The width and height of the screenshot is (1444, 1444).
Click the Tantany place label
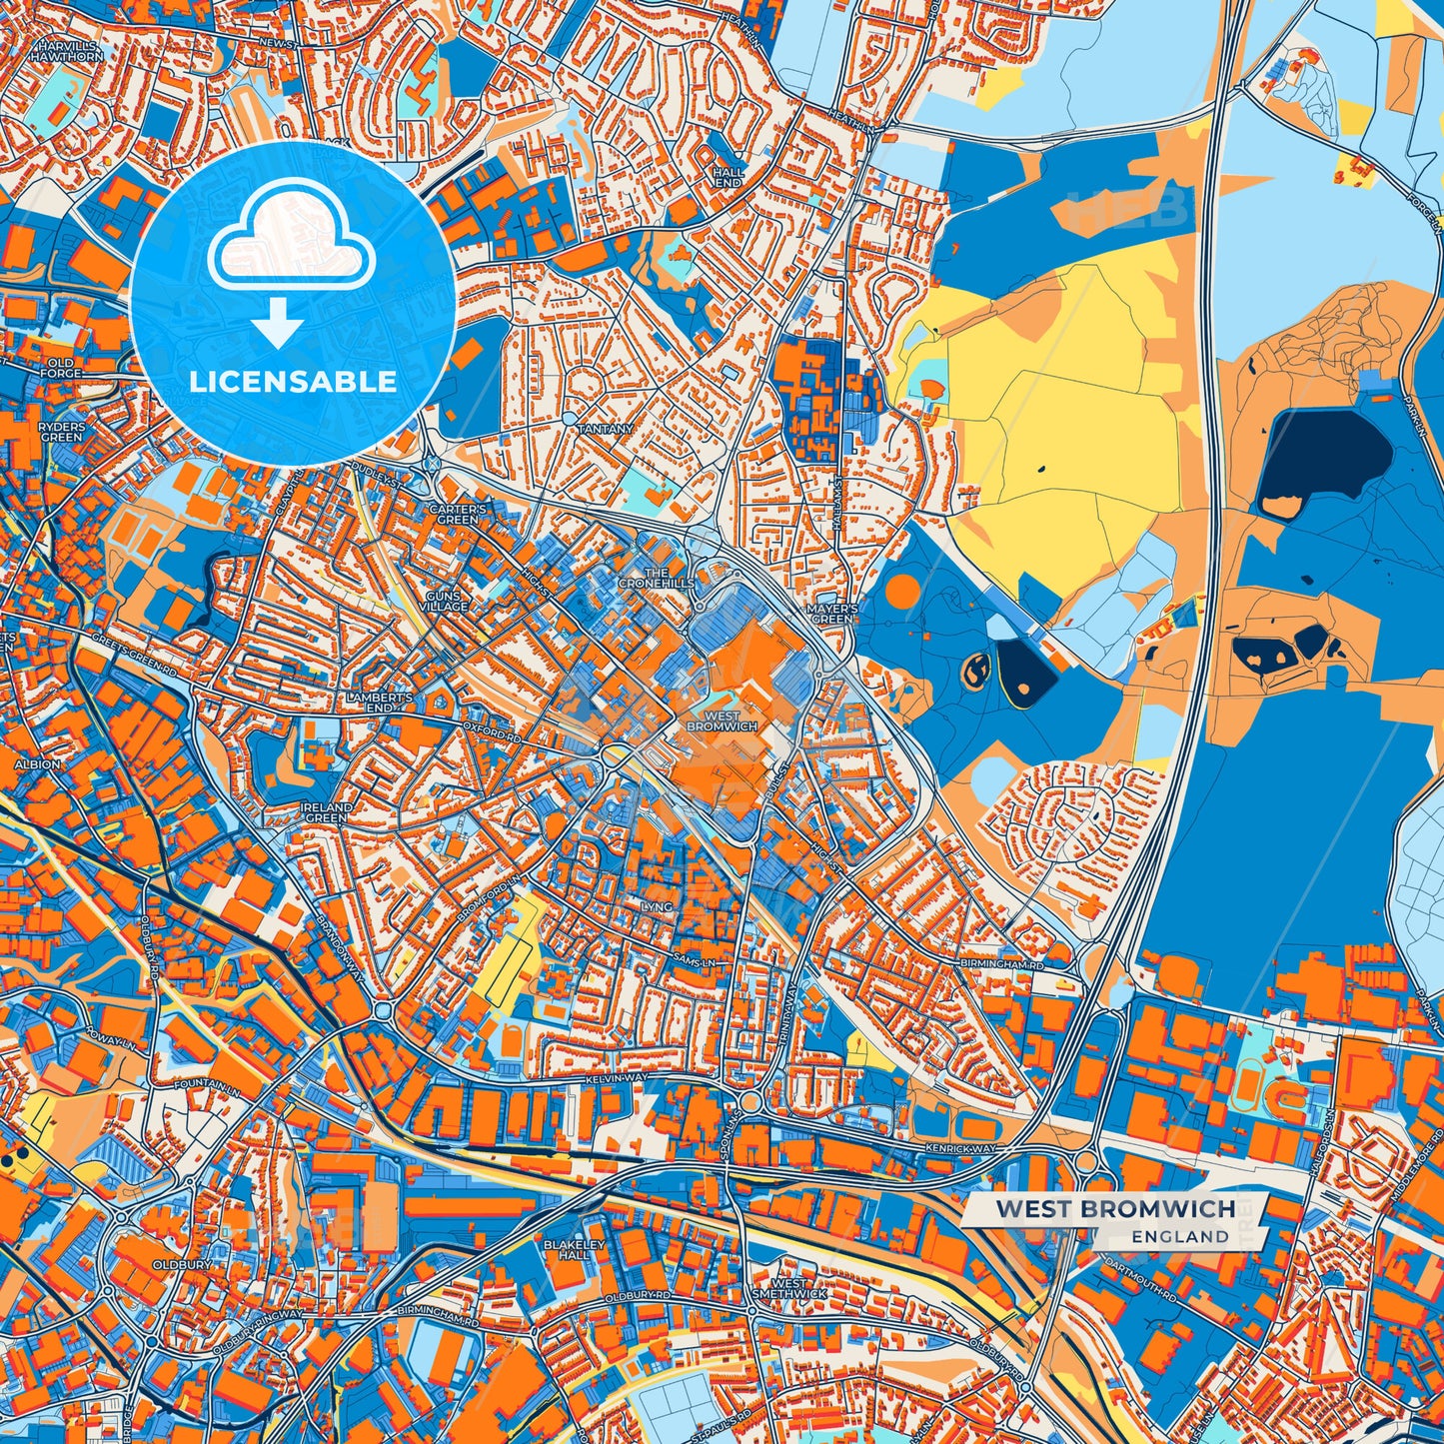point(606,429)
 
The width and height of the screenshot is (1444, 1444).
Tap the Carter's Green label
point(458,515)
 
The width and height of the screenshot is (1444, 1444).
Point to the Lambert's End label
point(369,702)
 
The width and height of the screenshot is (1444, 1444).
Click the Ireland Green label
point(327,812)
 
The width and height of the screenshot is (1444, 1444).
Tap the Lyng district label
point(658,906)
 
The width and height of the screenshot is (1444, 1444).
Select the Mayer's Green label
point(832,614)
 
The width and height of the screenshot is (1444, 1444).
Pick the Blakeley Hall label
point(574,1249)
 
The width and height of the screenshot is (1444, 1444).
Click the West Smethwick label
point(789,1288)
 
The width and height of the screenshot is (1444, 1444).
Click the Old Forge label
point(61,368)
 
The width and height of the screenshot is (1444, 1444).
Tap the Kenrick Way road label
point(960,1149)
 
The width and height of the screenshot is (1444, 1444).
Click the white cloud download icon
point(290,240)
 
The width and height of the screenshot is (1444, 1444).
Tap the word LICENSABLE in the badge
point(293,382)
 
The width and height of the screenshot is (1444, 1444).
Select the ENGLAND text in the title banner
point(1180,1236)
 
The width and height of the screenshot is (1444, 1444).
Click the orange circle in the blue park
point(901,592)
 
